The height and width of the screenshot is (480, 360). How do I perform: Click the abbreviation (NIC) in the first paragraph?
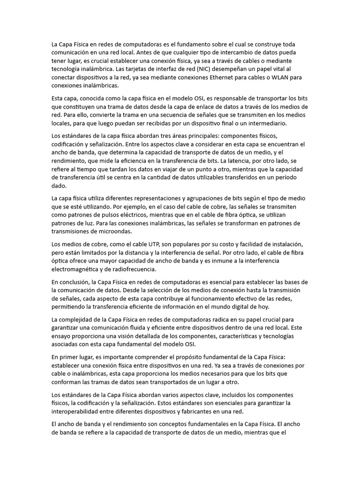click(200, 69)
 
